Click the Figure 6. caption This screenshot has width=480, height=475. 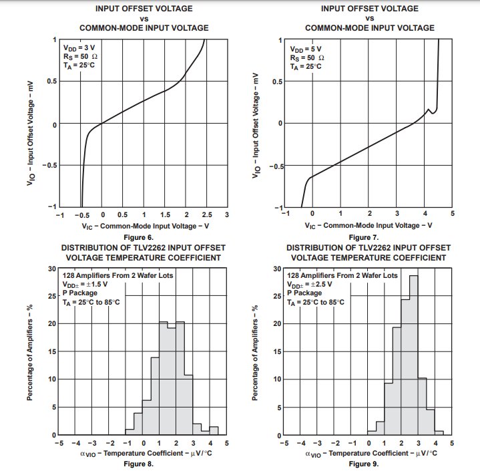coord(138,237)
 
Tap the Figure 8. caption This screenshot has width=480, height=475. coord(138,463)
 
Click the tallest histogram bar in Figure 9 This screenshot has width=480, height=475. coord(414,354)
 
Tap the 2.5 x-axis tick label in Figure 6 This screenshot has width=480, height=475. coord(207,215)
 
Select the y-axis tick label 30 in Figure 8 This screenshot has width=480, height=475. coord(52,269)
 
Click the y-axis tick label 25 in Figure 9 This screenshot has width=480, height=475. coord(277,296)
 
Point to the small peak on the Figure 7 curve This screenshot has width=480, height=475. coord(429,110)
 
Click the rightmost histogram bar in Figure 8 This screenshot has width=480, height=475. coord(214,431)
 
